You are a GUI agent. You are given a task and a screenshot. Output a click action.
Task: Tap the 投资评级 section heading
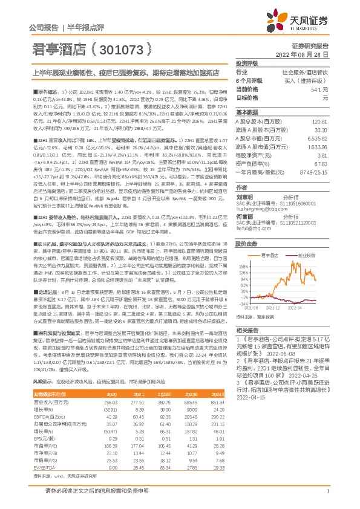click(247, 63)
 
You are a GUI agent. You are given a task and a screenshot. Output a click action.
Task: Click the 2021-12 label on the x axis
click(272, 308)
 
